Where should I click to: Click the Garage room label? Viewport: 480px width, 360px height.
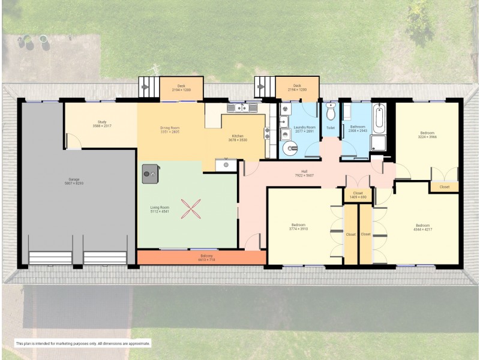pyautogui.click(x=75, y=180)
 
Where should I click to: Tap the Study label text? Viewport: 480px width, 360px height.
pyautogui.click(x=101, y=122)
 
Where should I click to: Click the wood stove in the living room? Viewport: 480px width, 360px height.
pyautogui.click(x=149, y=173)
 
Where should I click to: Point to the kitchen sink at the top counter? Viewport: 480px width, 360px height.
pyautogui.click(x=242, y=108)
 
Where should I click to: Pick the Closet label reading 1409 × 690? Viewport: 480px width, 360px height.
pyautogui.click(x=358, y=197)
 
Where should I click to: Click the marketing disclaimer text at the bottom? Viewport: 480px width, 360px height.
pyautogui.click(x=83, y=343)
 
